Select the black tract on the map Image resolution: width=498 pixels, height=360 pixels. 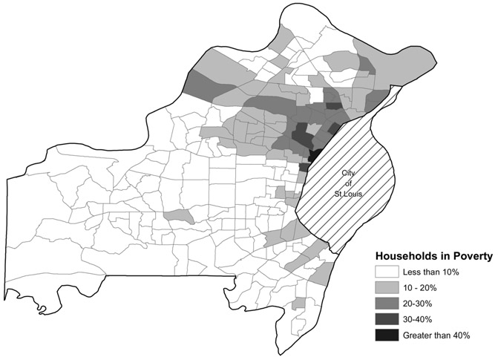pyautogui.click(x=314, y=154)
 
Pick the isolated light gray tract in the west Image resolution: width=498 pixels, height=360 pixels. pyautogui.click(x=178, y=215)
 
